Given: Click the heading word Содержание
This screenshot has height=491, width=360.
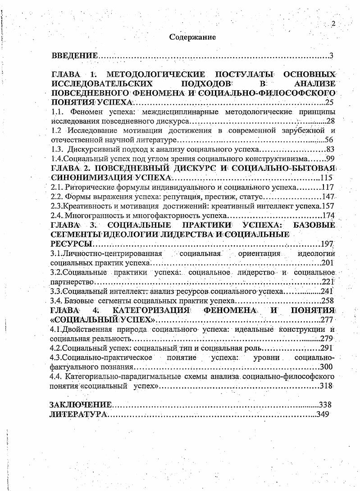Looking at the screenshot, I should (192, 37).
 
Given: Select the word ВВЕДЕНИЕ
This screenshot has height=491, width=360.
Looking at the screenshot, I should (75, 56).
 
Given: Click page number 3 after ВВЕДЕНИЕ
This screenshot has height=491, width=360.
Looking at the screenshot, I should (331, 56).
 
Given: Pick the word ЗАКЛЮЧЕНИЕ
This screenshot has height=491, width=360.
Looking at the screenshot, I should (80, 404).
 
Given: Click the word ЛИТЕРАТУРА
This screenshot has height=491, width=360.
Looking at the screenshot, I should (78, 414).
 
